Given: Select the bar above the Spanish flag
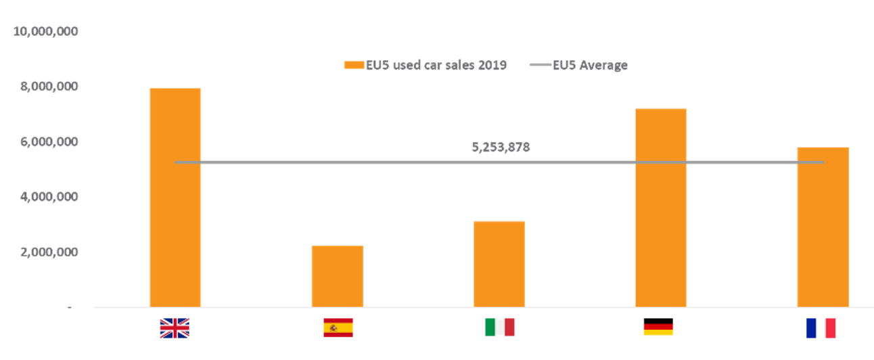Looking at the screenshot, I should pos(337,276).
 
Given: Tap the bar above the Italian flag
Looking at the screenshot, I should pos(499,264).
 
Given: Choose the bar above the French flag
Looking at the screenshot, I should pos(823,227).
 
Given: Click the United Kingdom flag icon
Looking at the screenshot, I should pos(175,328).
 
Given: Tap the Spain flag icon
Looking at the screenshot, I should pos(338,328).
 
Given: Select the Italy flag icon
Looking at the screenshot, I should pos(499,328).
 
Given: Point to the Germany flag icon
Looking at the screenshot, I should pos(658,327).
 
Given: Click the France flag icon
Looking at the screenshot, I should pos(821,328).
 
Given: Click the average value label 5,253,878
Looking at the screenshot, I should pos(501,147).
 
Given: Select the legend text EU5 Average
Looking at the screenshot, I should pos(590,65).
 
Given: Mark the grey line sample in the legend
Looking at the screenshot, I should pos(540,65).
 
